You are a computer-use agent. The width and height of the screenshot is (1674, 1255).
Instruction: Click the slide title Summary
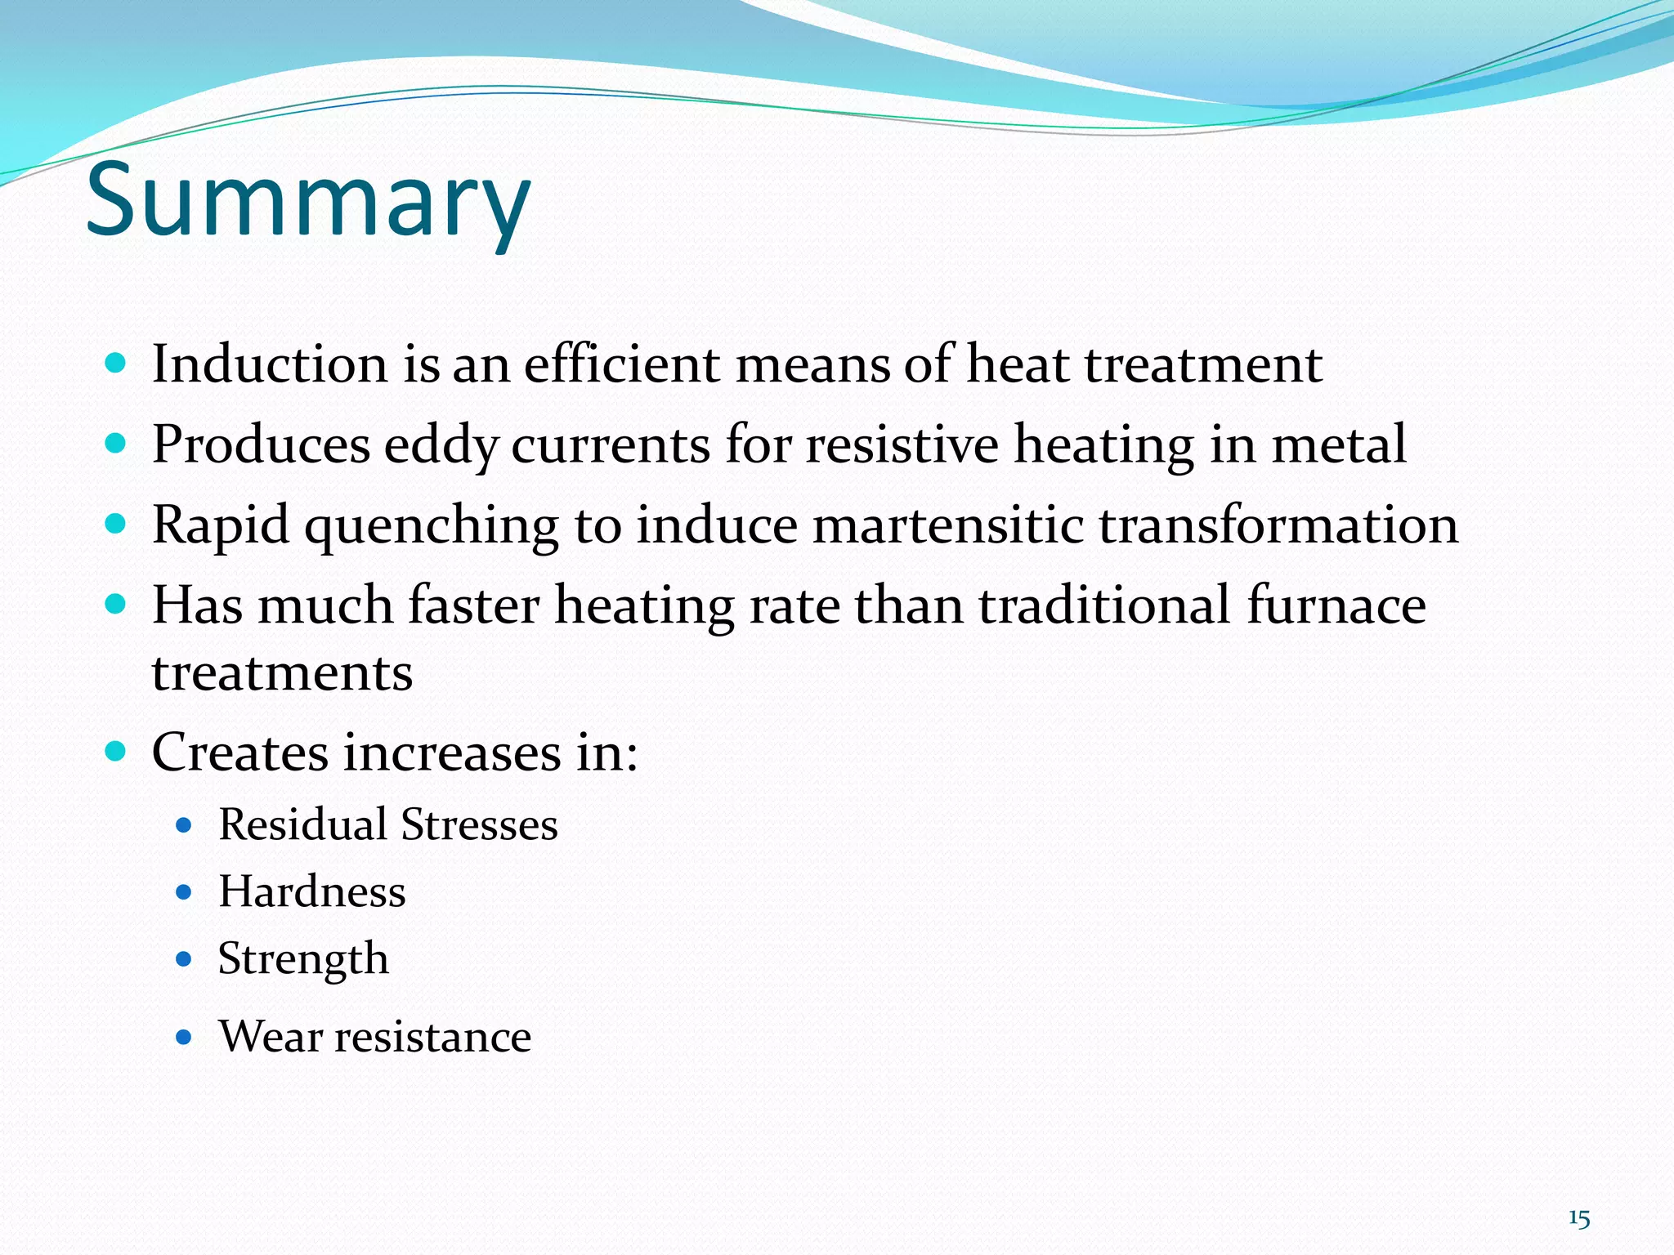(x=308, y=200)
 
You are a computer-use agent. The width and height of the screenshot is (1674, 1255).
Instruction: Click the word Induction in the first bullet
(x=270, y=364)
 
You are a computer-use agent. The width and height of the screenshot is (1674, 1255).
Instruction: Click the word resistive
(x=902, y=445)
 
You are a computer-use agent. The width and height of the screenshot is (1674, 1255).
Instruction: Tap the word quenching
(x=432, y=525)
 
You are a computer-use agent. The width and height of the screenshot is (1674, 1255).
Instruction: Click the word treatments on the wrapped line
(x=282, y=673)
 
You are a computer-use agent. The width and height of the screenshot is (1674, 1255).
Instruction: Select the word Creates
(x=239, y=752)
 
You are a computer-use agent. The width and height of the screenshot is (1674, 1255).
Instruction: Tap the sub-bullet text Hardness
(x=311, y=891)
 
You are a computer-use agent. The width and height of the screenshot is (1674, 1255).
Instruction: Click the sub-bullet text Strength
(x=303, y=959)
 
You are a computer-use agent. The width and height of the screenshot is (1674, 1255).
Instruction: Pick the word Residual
(x=302, y=824)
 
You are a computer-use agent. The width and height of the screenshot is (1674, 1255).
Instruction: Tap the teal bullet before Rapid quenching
(x=116, y=524)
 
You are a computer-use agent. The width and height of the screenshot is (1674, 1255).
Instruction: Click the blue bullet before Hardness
(x=184, y=892)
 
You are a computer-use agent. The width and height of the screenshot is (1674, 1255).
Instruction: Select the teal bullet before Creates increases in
(x=116, y=751)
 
